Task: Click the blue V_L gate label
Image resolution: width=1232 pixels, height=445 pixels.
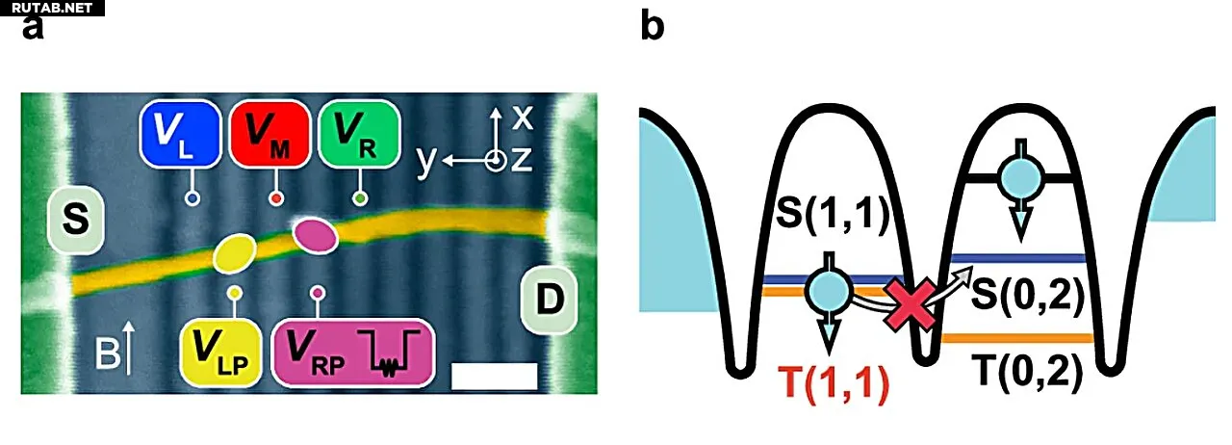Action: (180, 133)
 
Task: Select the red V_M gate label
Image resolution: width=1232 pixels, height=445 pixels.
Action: (269, 133)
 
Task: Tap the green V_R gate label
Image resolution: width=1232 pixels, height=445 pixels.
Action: (360, 133)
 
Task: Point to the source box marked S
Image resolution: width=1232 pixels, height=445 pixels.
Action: (76, 221)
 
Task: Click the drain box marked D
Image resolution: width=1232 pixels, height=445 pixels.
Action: (550, 301)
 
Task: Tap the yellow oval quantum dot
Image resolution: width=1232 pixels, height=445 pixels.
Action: (235, 253)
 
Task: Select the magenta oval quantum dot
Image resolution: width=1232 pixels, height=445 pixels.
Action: (315, 235)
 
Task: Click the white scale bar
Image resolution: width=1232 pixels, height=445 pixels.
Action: (494, 377)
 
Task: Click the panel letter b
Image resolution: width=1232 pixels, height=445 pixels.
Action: (653, 26)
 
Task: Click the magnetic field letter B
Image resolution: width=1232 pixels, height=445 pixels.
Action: (107, 353)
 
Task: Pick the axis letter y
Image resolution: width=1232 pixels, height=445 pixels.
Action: (425, 162)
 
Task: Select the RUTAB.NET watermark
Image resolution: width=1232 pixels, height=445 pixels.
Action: (52, 8)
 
